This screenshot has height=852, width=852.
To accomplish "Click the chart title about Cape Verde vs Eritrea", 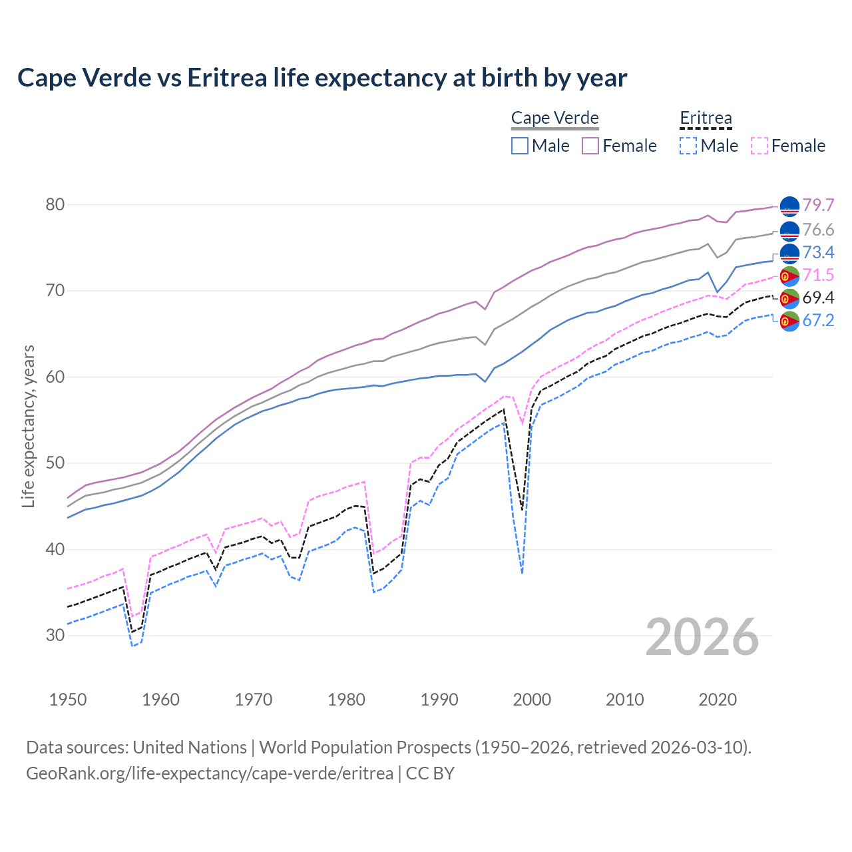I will [322, 78].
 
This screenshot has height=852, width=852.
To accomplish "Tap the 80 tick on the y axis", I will [55, 204].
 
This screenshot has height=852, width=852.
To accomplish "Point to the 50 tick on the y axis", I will [55, 463].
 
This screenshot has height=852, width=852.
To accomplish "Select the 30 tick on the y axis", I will [55, 636].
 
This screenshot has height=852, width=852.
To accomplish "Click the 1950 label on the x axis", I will [68, 700].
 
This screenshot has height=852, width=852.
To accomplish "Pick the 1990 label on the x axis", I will [439, 700].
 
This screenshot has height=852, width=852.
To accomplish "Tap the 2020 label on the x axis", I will [718, 700].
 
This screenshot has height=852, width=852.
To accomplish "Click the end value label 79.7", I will [818, 205].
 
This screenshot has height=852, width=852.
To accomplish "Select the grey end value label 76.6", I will [818, 230].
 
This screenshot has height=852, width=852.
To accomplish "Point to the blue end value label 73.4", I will [818, 252].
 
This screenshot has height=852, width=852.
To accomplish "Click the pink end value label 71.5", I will [818, 275].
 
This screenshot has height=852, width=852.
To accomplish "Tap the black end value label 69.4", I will [818, 298].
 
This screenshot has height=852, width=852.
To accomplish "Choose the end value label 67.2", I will [818, 320].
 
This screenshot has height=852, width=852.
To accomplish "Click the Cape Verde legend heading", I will [555, 118].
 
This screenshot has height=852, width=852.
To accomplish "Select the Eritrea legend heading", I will [706, 118].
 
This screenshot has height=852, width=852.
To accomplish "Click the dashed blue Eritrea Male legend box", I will [688, 146].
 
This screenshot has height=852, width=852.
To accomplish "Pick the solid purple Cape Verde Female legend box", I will [590, 146].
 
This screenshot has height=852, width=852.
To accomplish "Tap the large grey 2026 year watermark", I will [702, 637].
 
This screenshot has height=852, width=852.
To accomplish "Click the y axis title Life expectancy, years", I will [29, 426].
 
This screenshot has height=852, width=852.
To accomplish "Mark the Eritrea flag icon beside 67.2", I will [789, 320].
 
